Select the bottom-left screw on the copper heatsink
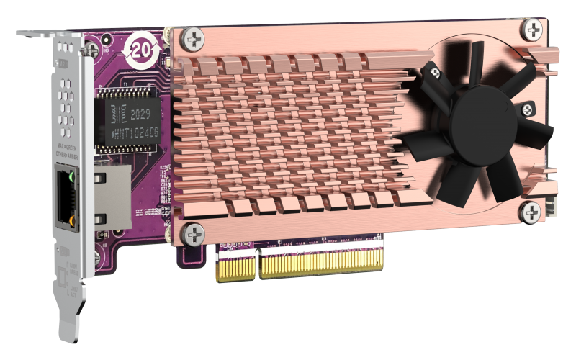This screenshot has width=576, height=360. (x=194, y=232)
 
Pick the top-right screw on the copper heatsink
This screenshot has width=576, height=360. (x=533, y=30)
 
